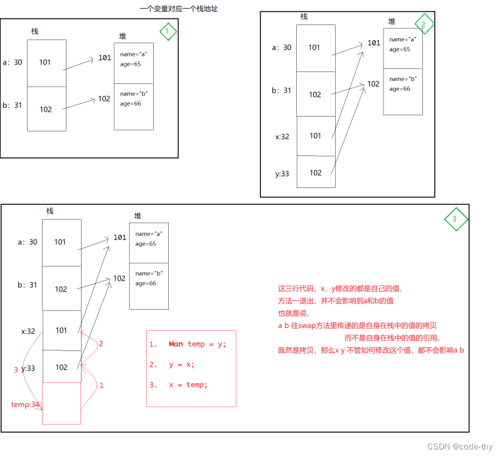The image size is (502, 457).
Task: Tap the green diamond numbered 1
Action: click(x=168, y=31)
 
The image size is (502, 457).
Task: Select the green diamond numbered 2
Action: click(x=424, y=25)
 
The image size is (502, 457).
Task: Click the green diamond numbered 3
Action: click(x=456, y=219)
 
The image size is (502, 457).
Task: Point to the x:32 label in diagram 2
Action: click(x=281, y=136)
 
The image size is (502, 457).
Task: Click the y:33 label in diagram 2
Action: click(x=281, y=174)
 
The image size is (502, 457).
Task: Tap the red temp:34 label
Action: click(x=25, y=404)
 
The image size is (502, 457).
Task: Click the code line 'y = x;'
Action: click(x=181, y=364)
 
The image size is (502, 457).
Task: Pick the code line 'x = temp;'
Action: click(x=188, y=384)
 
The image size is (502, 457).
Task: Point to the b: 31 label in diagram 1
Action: click(x=13, y=105)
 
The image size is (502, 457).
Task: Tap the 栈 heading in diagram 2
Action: click(x=304, y=16)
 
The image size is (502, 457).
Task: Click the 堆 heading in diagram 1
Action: click(x=122, y=36)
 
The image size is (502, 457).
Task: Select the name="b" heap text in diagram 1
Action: click(x=133, y=94)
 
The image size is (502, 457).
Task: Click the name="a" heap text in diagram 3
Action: click(x=148, y=234)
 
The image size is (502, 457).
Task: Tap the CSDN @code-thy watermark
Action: click(x=460, y=446)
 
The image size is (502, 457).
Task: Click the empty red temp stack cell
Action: click(x=61, y=403)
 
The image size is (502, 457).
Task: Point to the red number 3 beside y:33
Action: click(x=16, y=370)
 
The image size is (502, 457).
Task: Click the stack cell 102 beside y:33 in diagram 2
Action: click(x=316, y=172)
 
